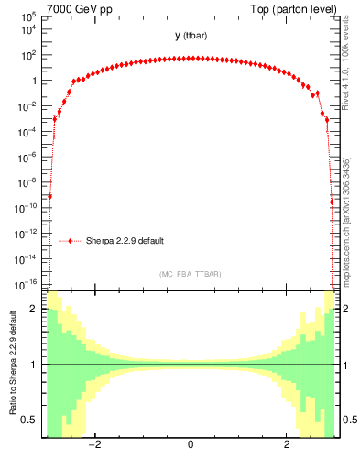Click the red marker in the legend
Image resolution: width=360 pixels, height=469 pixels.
click(71, 241)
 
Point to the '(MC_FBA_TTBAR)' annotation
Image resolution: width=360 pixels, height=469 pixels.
click(190, 274)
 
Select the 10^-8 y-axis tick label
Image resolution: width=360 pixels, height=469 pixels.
click(27, 182)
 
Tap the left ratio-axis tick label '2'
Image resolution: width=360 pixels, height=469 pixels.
click(35, 309)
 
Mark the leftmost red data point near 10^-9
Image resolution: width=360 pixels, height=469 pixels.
click(50, 196)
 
